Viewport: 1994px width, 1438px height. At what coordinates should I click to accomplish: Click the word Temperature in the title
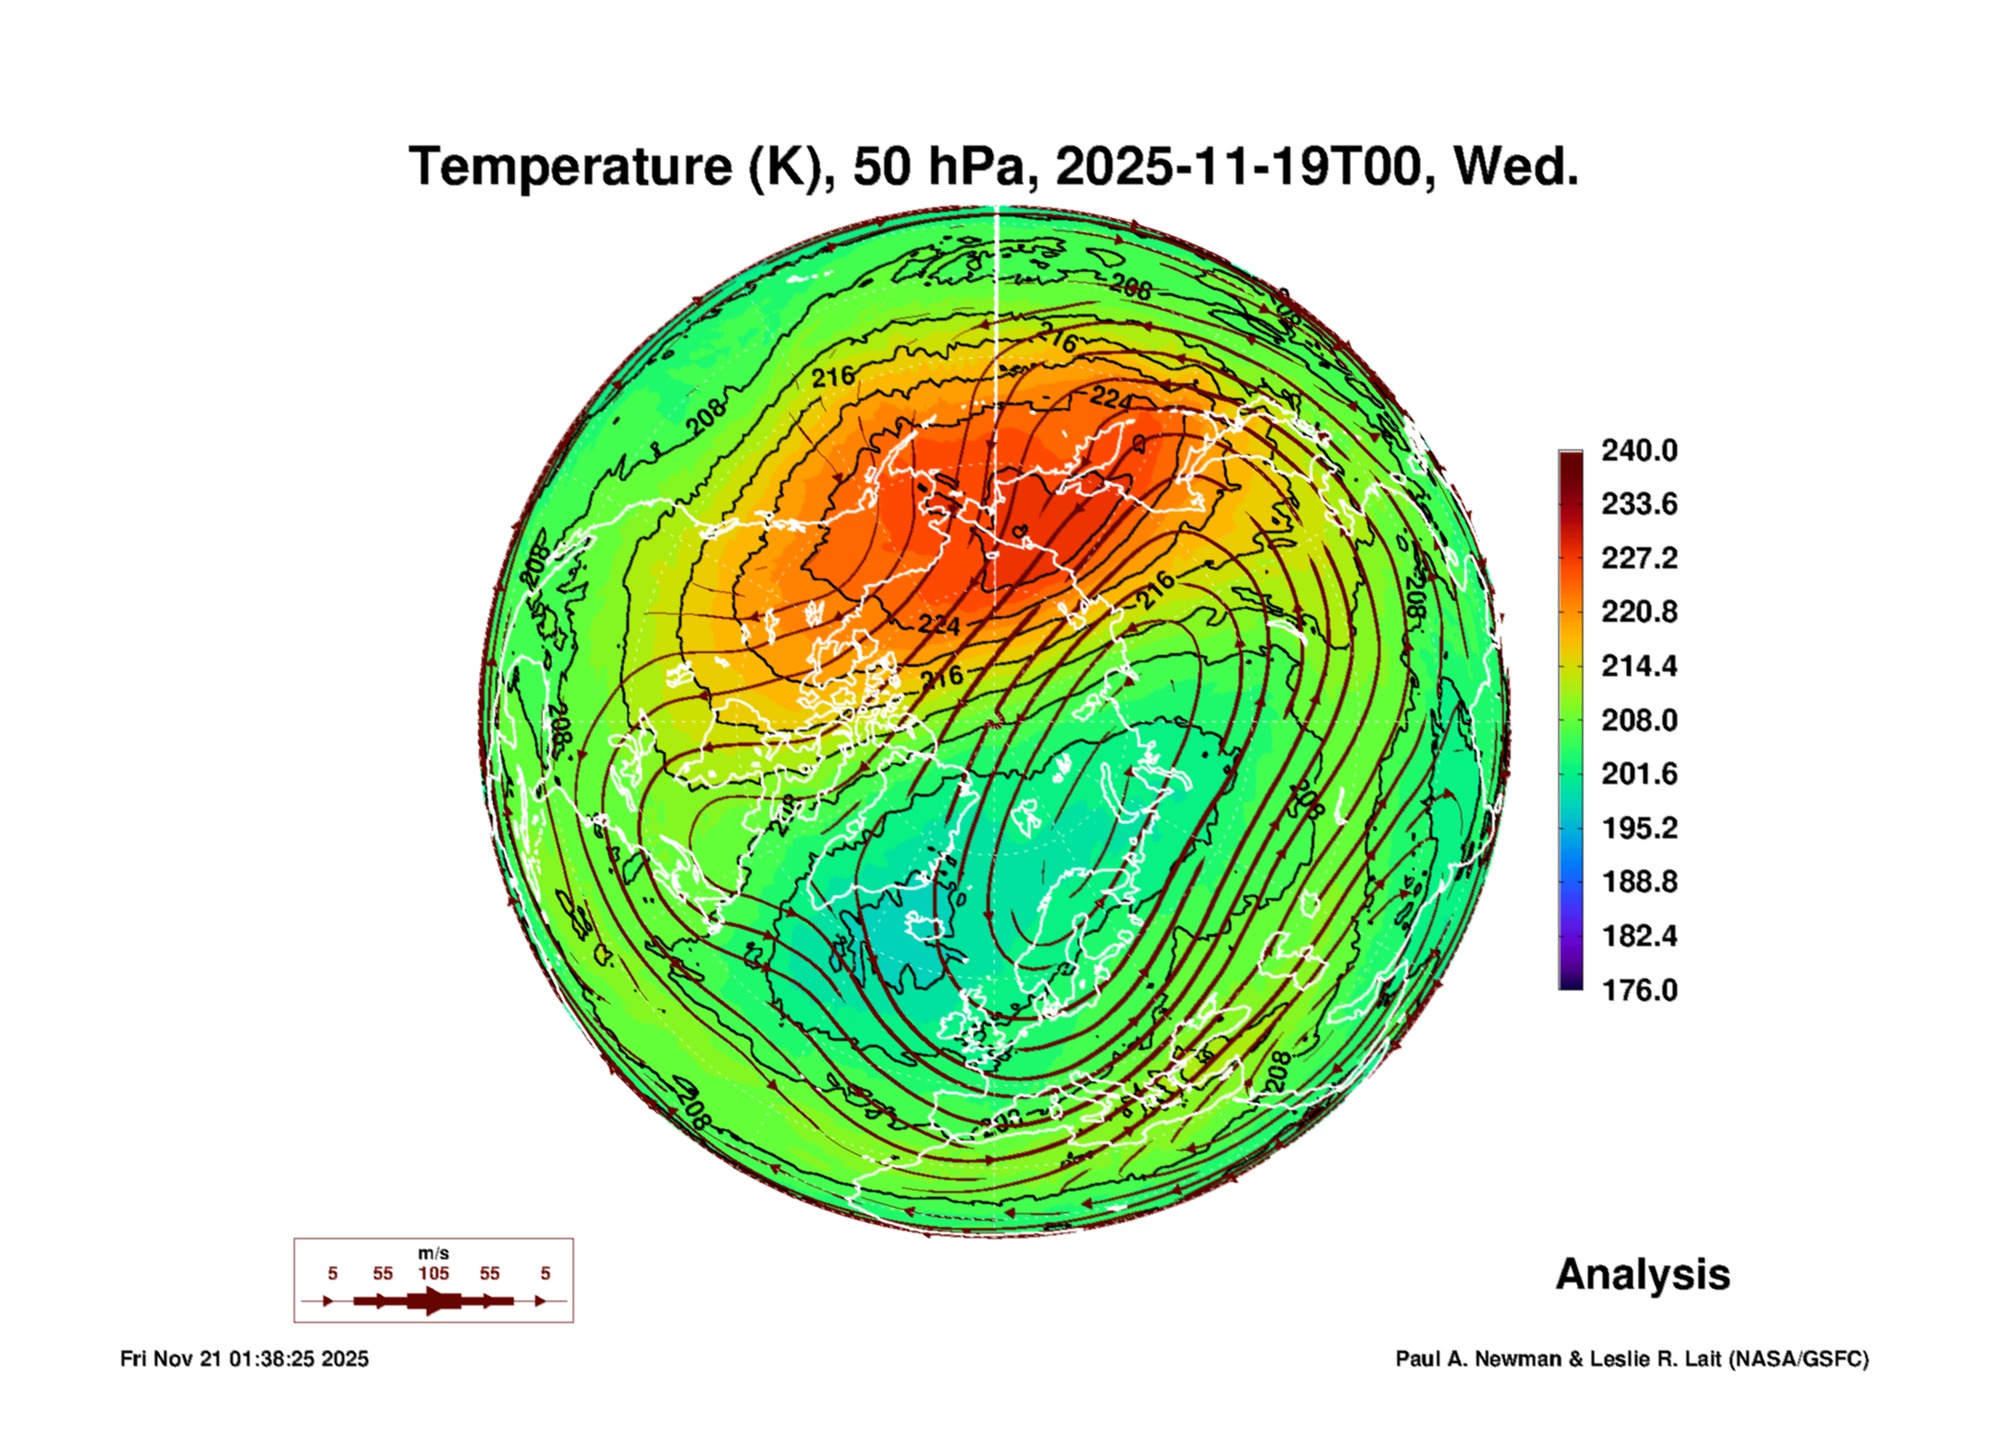tap(570, 168)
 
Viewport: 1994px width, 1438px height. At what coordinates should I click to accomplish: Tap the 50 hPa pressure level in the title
tap(938, 168)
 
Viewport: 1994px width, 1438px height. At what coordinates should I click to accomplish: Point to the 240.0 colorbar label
tap(1638, 450)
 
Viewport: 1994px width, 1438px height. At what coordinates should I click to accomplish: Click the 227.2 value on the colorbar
tap(1638, 558)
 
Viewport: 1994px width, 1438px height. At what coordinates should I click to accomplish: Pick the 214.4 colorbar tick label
tap(1638, 666)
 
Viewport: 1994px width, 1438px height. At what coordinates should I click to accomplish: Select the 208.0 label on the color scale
tap(1638, 720)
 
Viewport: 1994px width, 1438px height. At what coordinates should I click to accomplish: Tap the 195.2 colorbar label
tap(1638, 828)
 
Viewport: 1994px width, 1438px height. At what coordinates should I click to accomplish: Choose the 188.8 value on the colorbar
tap(1638, 882)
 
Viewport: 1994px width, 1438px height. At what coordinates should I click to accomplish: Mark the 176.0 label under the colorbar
tap(1638, 990)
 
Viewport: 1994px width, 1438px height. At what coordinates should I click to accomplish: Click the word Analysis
tap(1642, 1275)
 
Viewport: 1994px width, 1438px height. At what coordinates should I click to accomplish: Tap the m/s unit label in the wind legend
tap(433, 1254)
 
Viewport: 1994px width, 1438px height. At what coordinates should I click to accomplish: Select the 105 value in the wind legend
tap(433, 1274)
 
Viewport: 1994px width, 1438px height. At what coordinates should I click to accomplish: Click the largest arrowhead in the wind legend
tap(435, 1301)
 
